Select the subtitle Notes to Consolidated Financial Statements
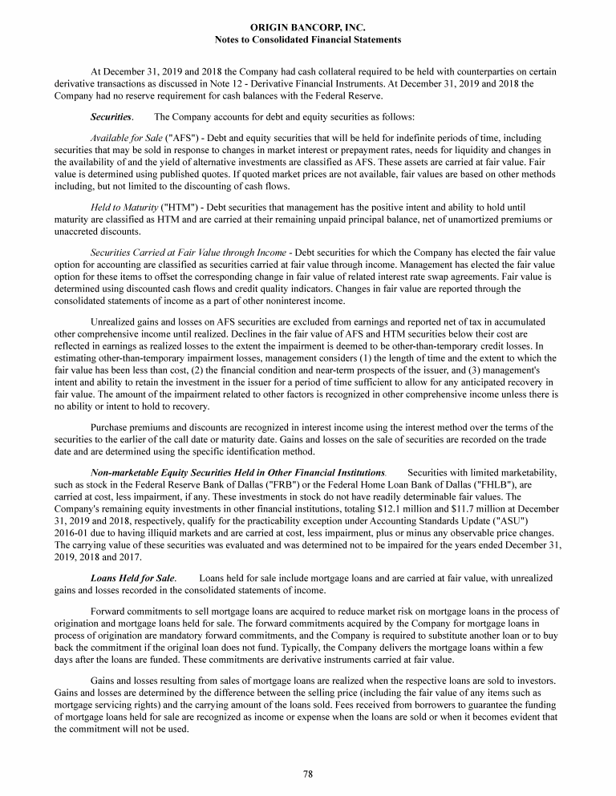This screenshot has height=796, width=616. pyautogui.click(x=308, y=39)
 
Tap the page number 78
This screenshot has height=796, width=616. pyautogui.click(x=308, y=773)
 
